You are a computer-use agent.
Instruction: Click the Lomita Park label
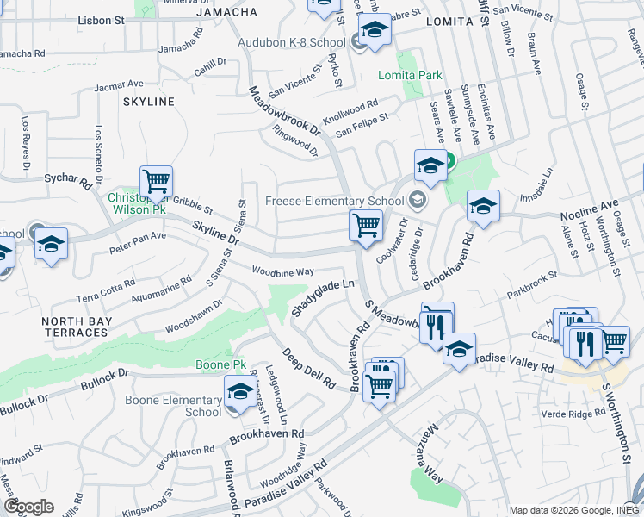410,76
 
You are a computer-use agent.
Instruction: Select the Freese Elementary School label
335,202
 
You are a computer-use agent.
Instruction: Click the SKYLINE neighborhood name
149,102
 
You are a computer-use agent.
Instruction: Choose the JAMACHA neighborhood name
226,12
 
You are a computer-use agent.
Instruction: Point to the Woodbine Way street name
282,272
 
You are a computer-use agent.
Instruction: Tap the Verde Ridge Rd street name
574,414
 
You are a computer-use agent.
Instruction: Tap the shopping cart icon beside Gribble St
156,182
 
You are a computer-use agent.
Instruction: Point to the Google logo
28,507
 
